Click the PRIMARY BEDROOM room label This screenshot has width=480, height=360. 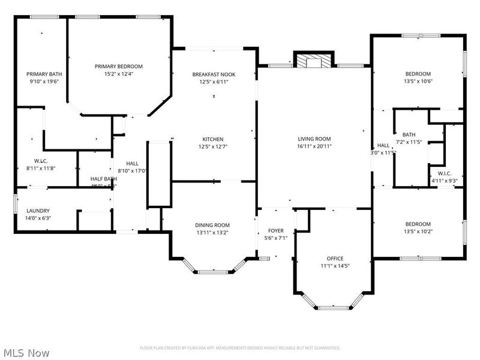119,67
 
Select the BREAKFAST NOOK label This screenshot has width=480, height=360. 214,74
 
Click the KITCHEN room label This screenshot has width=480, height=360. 213,139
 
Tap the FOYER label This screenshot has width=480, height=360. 276,230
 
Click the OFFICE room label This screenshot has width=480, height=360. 331,259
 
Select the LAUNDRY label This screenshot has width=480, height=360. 38,211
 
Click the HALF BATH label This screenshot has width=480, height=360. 103,179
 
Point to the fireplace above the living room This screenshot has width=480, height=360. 313,61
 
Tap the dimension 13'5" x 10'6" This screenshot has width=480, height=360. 418,82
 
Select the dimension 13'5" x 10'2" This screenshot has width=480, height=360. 418,232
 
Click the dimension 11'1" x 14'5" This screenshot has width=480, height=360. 331,266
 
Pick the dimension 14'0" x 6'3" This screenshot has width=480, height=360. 38,218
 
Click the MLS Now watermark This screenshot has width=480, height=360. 26,353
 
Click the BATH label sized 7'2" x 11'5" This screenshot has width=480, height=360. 409,135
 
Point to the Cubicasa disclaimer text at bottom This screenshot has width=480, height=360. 240,348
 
